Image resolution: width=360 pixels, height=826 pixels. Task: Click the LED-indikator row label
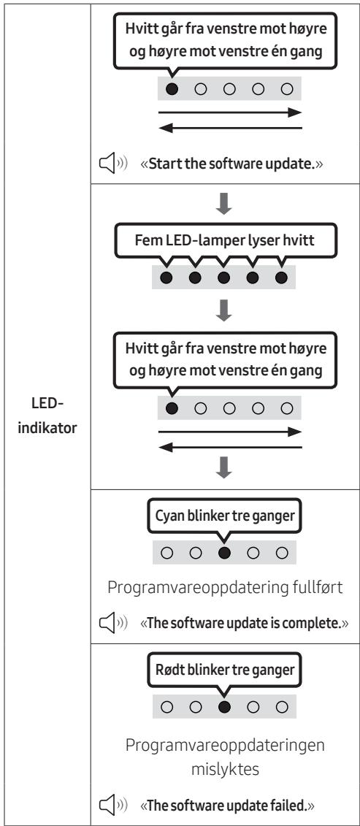[x=47, y=416]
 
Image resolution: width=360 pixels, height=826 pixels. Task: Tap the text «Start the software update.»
[x=231, y=164]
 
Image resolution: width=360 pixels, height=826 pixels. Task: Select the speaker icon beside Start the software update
[x=113, y=164]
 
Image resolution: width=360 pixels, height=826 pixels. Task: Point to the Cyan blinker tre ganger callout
[x=224, y=515]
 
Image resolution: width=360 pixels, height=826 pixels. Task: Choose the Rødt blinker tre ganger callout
[x=224, y=670]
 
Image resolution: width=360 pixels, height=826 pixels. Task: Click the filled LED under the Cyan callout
[x=224, y=553]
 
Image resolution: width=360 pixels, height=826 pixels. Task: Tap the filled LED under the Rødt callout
[x=224, y=707]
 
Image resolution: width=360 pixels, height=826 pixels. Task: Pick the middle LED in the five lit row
[x=223, y=278]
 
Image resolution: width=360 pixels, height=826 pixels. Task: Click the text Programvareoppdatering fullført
[x=225, y=588]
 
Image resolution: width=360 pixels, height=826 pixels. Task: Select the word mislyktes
[x=225, y=770]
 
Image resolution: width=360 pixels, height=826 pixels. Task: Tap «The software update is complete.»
[x=245, y=623]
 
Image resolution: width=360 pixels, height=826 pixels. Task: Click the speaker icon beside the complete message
[x=113, y=624]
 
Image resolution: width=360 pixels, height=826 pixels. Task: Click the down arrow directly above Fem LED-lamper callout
[x=224, y=204]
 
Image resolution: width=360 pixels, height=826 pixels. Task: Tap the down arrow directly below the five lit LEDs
[x=224, y=311]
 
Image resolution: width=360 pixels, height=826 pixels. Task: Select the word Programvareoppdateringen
[x=225, y=746]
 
